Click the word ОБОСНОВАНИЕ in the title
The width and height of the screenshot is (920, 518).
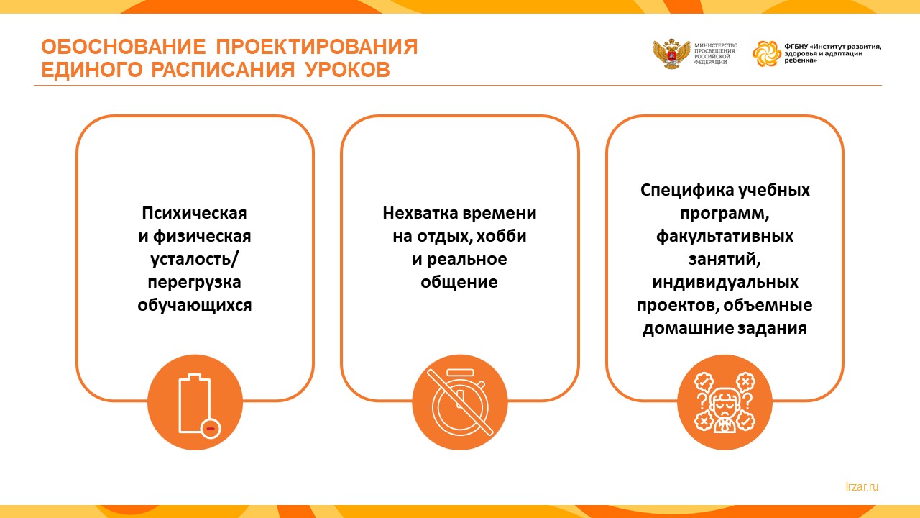click(x=123, y=47)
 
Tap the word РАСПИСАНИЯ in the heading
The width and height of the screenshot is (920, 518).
click(x=223, y=70)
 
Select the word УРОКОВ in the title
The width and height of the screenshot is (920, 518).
click(x=347, y=70)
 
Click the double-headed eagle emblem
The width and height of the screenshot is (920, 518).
click(x=671, y=54)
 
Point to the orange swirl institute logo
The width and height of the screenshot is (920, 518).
click(x=766, y=53)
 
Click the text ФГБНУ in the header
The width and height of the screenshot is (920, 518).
click(x=796, y=47)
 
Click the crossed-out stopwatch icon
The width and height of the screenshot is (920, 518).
click(x=460, y=401)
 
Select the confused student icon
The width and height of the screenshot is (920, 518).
click(x=724, y=402)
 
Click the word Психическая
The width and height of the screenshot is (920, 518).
click(x=194, y=213)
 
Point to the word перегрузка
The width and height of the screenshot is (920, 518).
click(x=194, y=283)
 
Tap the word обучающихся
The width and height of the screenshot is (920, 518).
click(x=194, y=306)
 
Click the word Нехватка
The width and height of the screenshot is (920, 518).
click(x=420, y=213)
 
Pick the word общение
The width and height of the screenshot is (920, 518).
click(x=459, y=282)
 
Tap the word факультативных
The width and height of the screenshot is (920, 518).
click(x=724, y=237)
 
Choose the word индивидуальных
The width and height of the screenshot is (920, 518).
click(x=725, y=283)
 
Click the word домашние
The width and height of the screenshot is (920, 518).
click(x=687, y=329)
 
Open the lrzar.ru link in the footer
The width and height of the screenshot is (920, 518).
click(x=862, y=487)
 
